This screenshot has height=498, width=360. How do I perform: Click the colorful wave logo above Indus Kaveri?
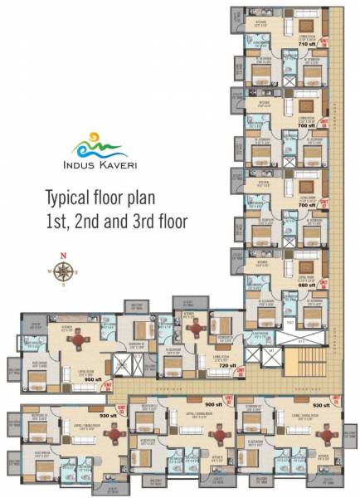[x=99, y=147]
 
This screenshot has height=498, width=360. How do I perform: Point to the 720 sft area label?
[x=227, y=365]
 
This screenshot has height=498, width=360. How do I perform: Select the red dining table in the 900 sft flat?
[x=219, y=434]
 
